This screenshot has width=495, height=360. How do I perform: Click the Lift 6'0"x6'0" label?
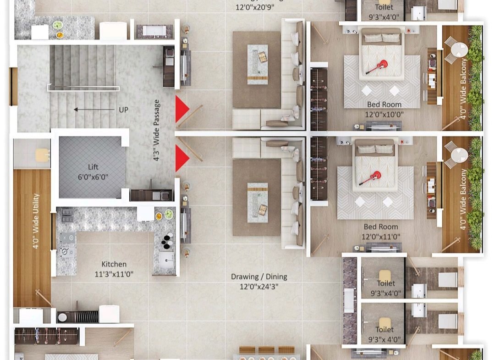click(93, 172)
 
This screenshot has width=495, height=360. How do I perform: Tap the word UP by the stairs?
click(123, 110)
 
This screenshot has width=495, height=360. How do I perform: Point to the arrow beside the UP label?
click(94, 110)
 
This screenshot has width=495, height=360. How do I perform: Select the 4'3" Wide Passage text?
click(157, 130)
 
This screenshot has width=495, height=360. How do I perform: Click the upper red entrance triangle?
click(182, 109)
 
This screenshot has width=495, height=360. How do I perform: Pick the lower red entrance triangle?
click(182, 158)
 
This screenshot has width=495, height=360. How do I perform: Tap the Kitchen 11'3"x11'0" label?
click(114, 269)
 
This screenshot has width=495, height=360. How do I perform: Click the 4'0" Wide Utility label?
click(36, 221)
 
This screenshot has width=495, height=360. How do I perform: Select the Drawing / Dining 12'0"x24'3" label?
click(259, 282)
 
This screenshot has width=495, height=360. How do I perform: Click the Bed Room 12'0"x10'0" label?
click(384, 109)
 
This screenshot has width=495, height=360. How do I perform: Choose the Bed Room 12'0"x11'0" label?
click(381, 232)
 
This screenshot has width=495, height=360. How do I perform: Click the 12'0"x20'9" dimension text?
click(255, 7)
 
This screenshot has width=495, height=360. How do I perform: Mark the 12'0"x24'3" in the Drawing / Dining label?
click(259, 287)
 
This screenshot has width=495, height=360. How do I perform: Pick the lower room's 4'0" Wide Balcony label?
click(463, 199)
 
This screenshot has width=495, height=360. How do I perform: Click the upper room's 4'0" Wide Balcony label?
click(463, 89)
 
